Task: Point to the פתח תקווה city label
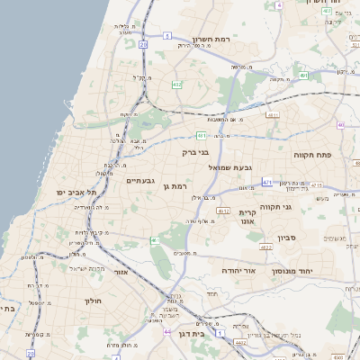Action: (312, 155)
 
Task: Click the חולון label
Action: (94, 301)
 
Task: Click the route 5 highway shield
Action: (167, 35)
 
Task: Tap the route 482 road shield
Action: (176, 84)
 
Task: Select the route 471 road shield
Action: (267, 183)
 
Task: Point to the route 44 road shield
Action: (167, 332)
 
